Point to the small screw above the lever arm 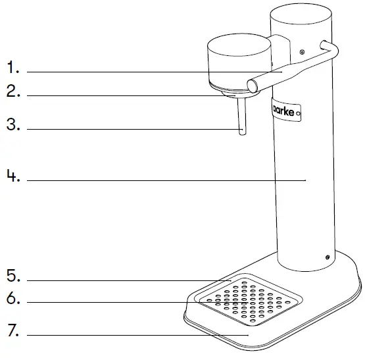click(x=301, y=52)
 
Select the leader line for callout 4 click(x=164, y=179)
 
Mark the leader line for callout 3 click(x=132, y=129)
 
